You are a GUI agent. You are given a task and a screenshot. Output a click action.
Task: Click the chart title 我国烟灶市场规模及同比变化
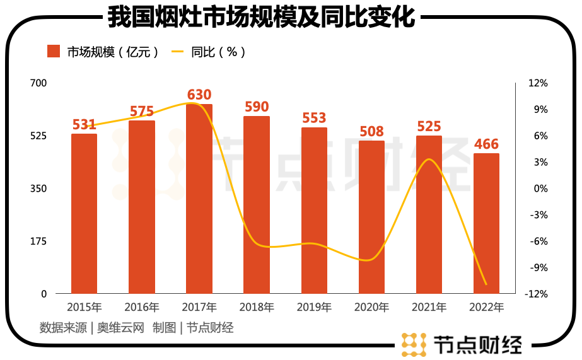261,17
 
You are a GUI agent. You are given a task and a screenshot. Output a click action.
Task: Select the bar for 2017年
199,199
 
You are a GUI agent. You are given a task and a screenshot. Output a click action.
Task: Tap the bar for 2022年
486,223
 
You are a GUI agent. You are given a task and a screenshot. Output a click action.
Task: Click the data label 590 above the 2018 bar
257,106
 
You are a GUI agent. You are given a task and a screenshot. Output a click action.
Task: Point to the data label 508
371,131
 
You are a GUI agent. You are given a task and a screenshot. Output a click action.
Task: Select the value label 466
486,144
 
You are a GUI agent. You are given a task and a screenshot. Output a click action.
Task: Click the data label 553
314,118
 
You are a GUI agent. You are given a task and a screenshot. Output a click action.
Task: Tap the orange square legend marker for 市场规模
54,52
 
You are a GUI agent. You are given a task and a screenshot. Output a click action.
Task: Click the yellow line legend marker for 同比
178,52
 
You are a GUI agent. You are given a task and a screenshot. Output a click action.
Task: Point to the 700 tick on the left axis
38,83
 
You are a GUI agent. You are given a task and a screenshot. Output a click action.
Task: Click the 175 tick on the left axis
38,241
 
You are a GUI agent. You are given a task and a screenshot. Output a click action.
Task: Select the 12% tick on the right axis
538,83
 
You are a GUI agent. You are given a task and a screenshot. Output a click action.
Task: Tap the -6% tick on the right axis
538,241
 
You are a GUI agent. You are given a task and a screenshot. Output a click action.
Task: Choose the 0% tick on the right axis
538,189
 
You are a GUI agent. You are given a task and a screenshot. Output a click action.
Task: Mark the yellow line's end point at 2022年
486,284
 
